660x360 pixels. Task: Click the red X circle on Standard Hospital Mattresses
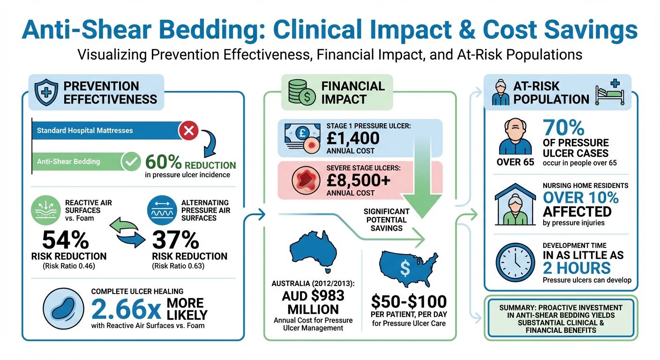189,130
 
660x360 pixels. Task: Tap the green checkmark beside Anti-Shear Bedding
130,162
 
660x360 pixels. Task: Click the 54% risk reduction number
65,241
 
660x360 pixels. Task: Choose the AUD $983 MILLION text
313,302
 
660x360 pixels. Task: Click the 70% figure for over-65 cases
563,128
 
